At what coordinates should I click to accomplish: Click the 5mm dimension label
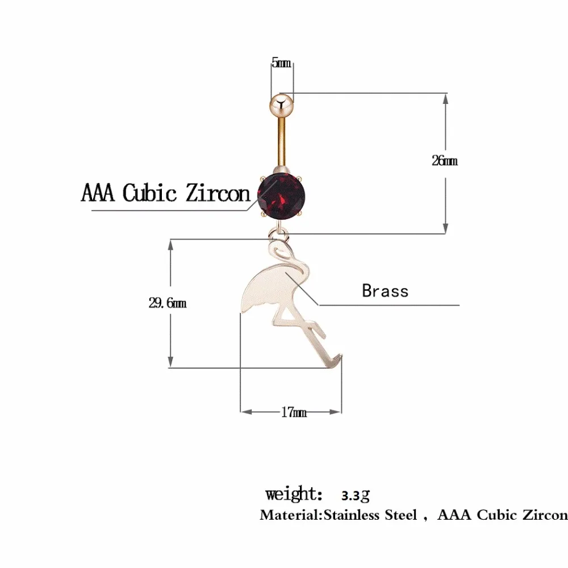click(282, 62)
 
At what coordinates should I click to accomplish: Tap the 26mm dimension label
click(445, 161)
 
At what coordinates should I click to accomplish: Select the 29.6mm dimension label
click(168, 303)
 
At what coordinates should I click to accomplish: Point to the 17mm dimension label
click(294, 412)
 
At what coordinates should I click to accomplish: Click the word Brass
click(385, 291)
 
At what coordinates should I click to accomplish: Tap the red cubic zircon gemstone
click(282, 196)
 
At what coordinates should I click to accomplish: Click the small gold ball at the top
click(281, 105)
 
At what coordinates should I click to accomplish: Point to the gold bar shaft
click(282, 143)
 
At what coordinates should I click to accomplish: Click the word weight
click(294, 494)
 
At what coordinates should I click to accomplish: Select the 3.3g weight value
click(356, 495)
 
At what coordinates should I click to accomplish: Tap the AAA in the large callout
click(98, 193)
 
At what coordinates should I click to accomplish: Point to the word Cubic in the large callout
click(149, 193)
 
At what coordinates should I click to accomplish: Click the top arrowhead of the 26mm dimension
click(445, 99)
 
